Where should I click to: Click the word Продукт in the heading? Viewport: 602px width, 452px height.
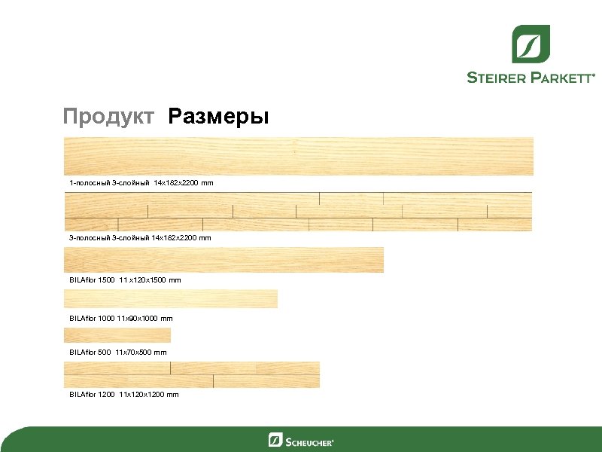coord(108,117)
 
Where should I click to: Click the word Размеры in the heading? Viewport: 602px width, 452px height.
coord(218,117)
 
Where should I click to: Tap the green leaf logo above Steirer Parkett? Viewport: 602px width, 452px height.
coord(531,44)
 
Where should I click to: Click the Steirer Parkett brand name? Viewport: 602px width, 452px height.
coord(531,77)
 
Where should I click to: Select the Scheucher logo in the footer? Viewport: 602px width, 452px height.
coord(301,440)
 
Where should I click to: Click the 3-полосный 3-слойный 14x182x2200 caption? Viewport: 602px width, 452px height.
coord(140,237)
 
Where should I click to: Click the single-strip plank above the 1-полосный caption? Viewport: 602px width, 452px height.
coord(299,156)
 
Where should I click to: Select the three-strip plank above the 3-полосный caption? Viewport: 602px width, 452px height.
coord(299,212)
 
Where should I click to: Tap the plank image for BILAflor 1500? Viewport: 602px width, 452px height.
coord(223,260)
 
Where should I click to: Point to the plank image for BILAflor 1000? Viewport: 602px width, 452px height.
coord(171,299)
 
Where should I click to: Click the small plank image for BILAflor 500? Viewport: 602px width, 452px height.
coord(117,335)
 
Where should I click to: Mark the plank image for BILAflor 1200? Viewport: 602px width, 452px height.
coord(192,374)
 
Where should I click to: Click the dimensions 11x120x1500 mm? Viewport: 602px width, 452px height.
coord(150,279)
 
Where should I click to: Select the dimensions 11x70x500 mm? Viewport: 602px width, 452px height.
coord(141,352)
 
